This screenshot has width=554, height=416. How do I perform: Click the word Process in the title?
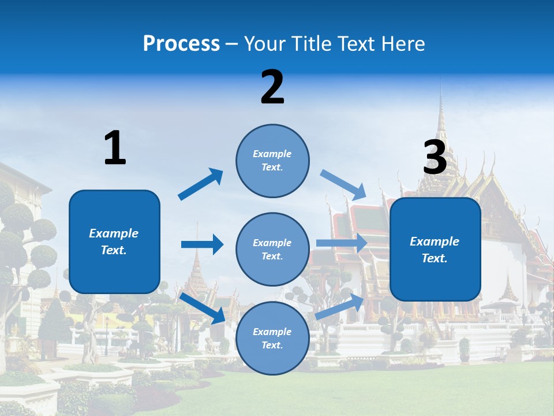pyautogui.click(x=181, y=43)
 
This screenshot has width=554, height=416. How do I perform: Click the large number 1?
pyautogui.click(x=115, y=148)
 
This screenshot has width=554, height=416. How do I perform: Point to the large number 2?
pyautogui.click(x=272, y=87)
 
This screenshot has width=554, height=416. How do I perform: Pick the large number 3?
pyautogui.click(x=435, y=158)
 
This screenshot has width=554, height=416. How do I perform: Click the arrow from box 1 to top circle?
pyautogui.click(x=201, y=184)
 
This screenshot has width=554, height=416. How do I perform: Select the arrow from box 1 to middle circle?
pyautogui.click(x=202, y=244)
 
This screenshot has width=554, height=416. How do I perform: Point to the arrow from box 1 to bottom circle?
pyautogui.click(x=203, y=308)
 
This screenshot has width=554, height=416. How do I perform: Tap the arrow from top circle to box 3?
pyautogui.click(x=343, y=184)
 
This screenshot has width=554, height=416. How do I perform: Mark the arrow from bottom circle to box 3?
pyautogui.click(x=340, y=306)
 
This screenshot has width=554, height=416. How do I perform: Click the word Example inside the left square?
pyautogui.click(x=114, y=233)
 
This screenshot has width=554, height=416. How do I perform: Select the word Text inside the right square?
pyautogui.click(x=434, y=258)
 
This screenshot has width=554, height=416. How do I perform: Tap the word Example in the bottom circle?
pyautogui.click(x=272, y=332)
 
